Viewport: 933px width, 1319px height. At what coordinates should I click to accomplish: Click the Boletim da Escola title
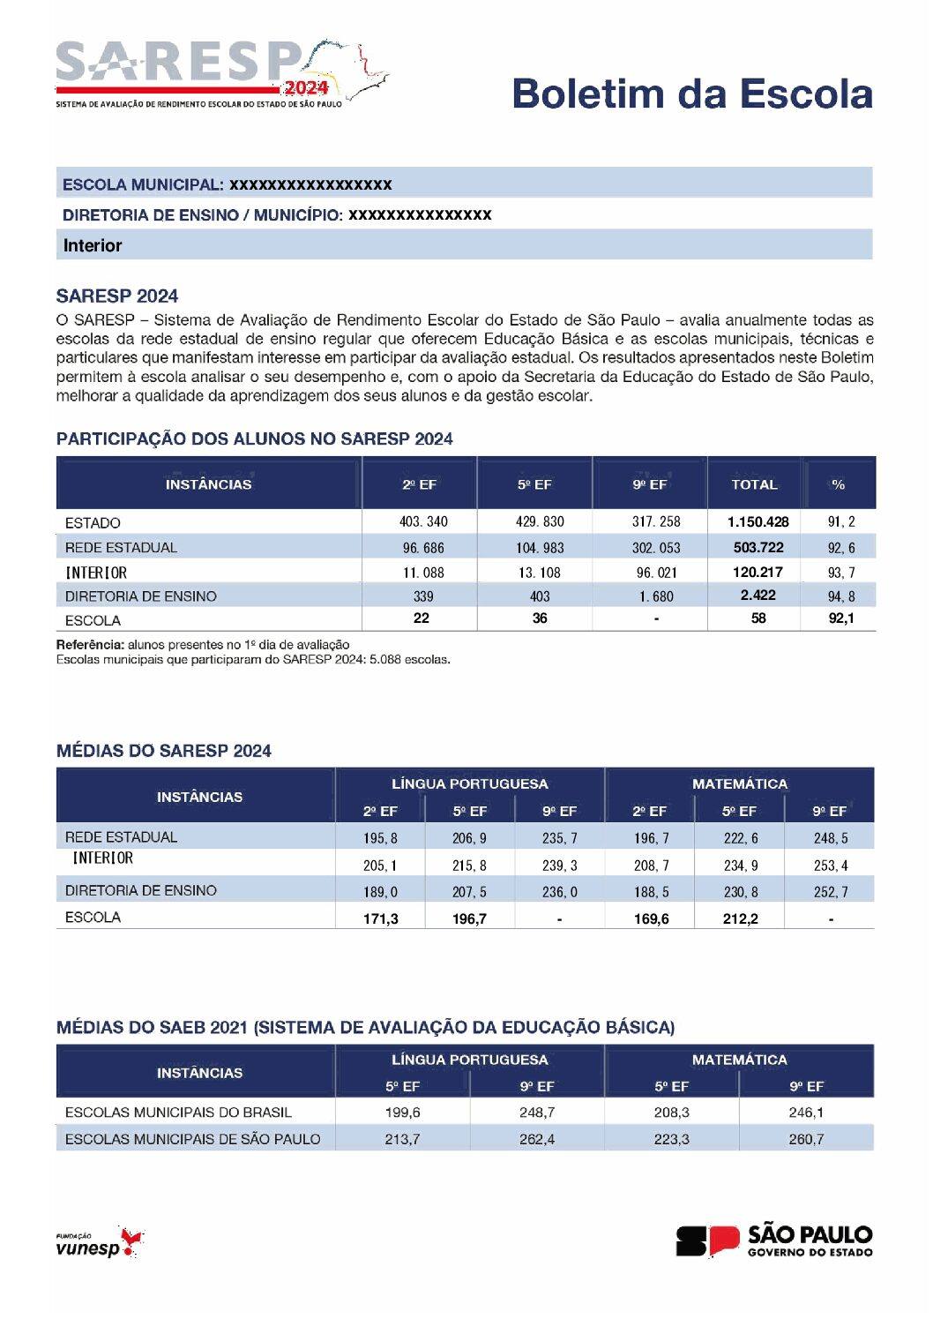(692, 94)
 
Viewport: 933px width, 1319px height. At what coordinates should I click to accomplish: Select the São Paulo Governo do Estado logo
(774, 1240)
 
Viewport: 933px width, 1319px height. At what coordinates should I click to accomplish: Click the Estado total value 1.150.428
(758, 522)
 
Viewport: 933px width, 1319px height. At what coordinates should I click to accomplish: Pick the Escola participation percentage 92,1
(840, 618)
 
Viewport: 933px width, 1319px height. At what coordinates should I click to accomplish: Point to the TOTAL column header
(754, 484)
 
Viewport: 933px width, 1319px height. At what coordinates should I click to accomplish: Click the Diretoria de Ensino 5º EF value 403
(540, 596)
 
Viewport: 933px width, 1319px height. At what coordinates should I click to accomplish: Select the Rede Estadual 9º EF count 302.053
(656, 548)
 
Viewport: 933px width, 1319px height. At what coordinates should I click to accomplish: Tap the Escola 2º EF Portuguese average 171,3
(381, 919)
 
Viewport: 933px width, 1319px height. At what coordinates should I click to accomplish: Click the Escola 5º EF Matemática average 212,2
(740, 919)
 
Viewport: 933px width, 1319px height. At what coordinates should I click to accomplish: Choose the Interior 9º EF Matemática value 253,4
(831, 866)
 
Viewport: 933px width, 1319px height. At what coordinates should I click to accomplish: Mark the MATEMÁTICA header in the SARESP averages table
(739, 783)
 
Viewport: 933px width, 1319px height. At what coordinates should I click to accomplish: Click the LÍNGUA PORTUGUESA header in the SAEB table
(469, 1060)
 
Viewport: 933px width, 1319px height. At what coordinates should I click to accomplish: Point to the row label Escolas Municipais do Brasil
(178, 1113)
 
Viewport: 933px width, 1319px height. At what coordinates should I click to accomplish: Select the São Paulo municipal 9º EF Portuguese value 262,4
(537, 1139)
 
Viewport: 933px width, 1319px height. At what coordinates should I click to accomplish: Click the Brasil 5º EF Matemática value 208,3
(672, 1113)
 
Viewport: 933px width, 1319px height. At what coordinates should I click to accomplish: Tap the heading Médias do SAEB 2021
(365, 1028)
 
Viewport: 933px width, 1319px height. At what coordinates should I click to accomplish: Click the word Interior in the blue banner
(93, 245)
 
